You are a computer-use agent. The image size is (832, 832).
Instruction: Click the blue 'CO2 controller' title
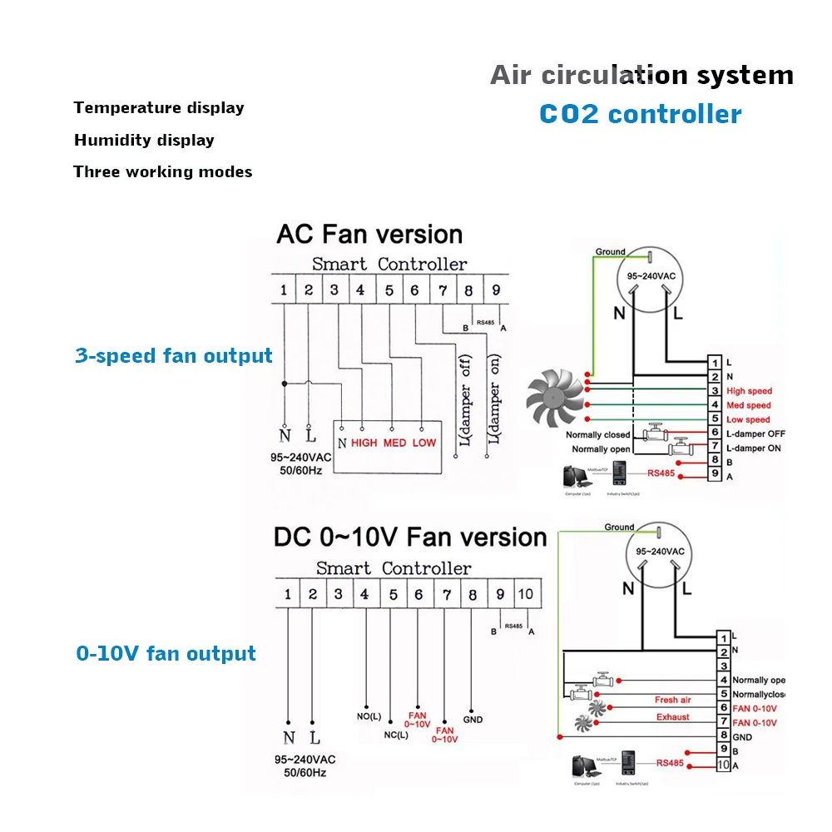point(640,113)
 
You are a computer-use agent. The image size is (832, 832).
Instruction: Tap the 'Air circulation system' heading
point(641,75)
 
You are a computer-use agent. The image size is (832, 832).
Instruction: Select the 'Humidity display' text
point(144,140)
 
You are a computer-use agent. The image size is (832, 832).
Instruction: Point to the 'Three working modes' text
point(162,172)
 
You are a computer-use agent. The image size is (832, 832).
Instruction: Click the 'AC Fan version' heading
point(369,234)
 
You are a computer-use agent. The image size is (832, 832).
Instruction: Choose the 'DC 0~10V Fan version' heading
point(410,537)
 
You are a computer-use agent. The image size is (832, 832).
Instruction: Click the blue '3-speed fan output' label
point(174,356)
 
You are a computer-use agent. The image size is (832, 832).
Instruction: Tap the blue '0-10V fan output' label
point(166,654)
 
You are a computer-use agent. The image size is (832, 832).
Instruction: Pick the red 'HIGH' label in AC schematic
point(364,443)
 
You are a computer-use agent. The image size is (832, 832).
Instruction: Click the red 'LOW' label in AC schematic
point(423,443)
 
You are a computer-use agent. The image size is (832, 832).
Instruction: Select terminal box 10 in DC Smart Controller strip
point(526,594)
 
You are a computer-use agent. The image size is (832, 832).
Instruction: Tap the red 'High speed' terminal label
point(749,391)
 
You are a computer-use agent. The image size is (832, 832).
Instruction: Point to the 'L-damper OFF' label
point(755,434)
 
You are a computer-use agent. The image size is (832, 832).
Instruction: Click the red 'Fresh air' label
point(672,700)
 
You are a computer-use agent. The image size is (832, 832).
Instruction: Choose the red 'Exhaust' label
point(672,716)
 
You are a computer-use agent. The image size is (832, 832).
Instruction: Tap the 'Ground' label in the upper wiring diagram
point(610,251)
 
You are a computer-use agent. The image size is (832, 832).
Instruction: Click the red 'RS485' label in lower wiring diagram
point(670,762)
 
